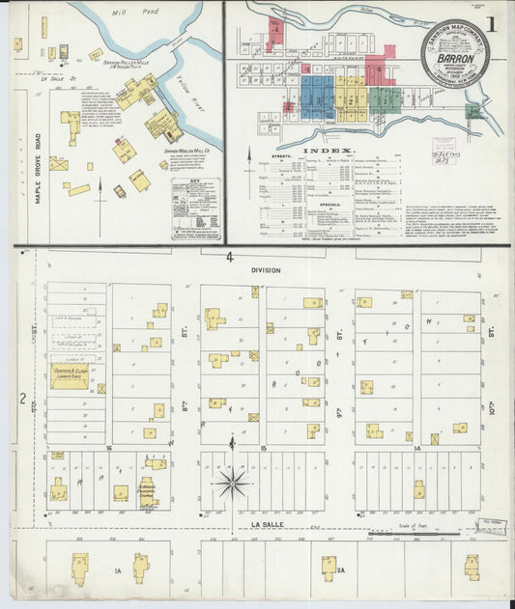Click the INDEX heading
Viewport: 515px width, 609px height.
(329, 152)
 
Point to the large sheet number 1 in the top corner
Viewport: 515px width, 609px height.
(495, 23)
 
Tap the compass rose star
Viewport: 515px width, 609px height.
(233, 482)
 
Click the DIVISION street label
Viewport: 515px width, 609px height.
(265, 271)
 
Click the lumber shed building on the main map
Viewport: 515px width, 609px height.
(69, 375)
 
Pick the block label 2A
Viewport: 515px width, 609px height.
(340, 571)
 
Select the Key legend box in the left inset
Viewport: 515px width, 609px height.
(197, 208)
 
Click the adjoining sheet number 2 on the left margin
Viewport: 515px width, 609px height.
(21, 398)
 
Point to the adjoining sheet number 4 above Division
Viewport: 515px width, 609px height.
(230, 258)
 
